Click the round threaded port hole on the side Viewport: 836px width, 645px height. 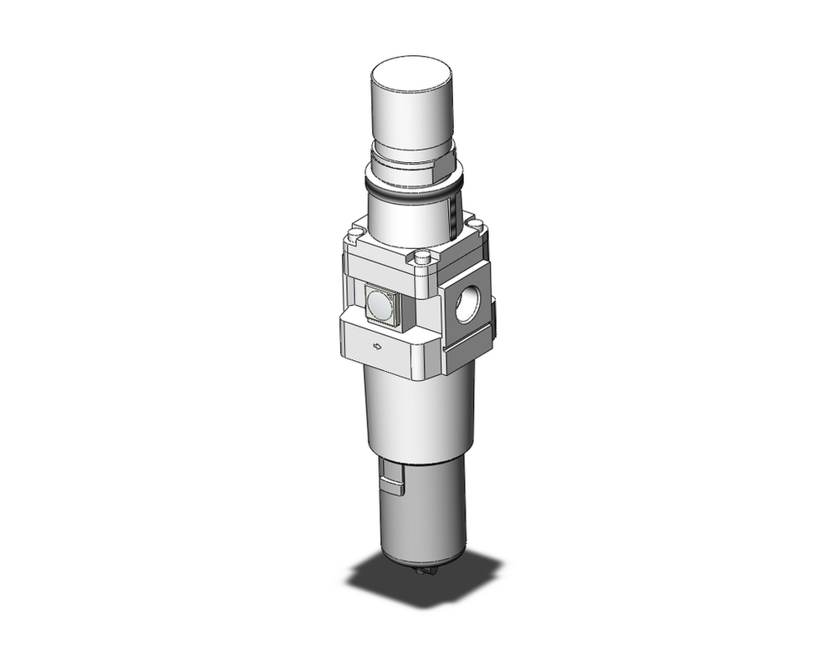(x=466, y=307)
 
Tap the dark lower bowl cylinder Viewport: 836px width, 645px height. (x=426, y=510)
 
